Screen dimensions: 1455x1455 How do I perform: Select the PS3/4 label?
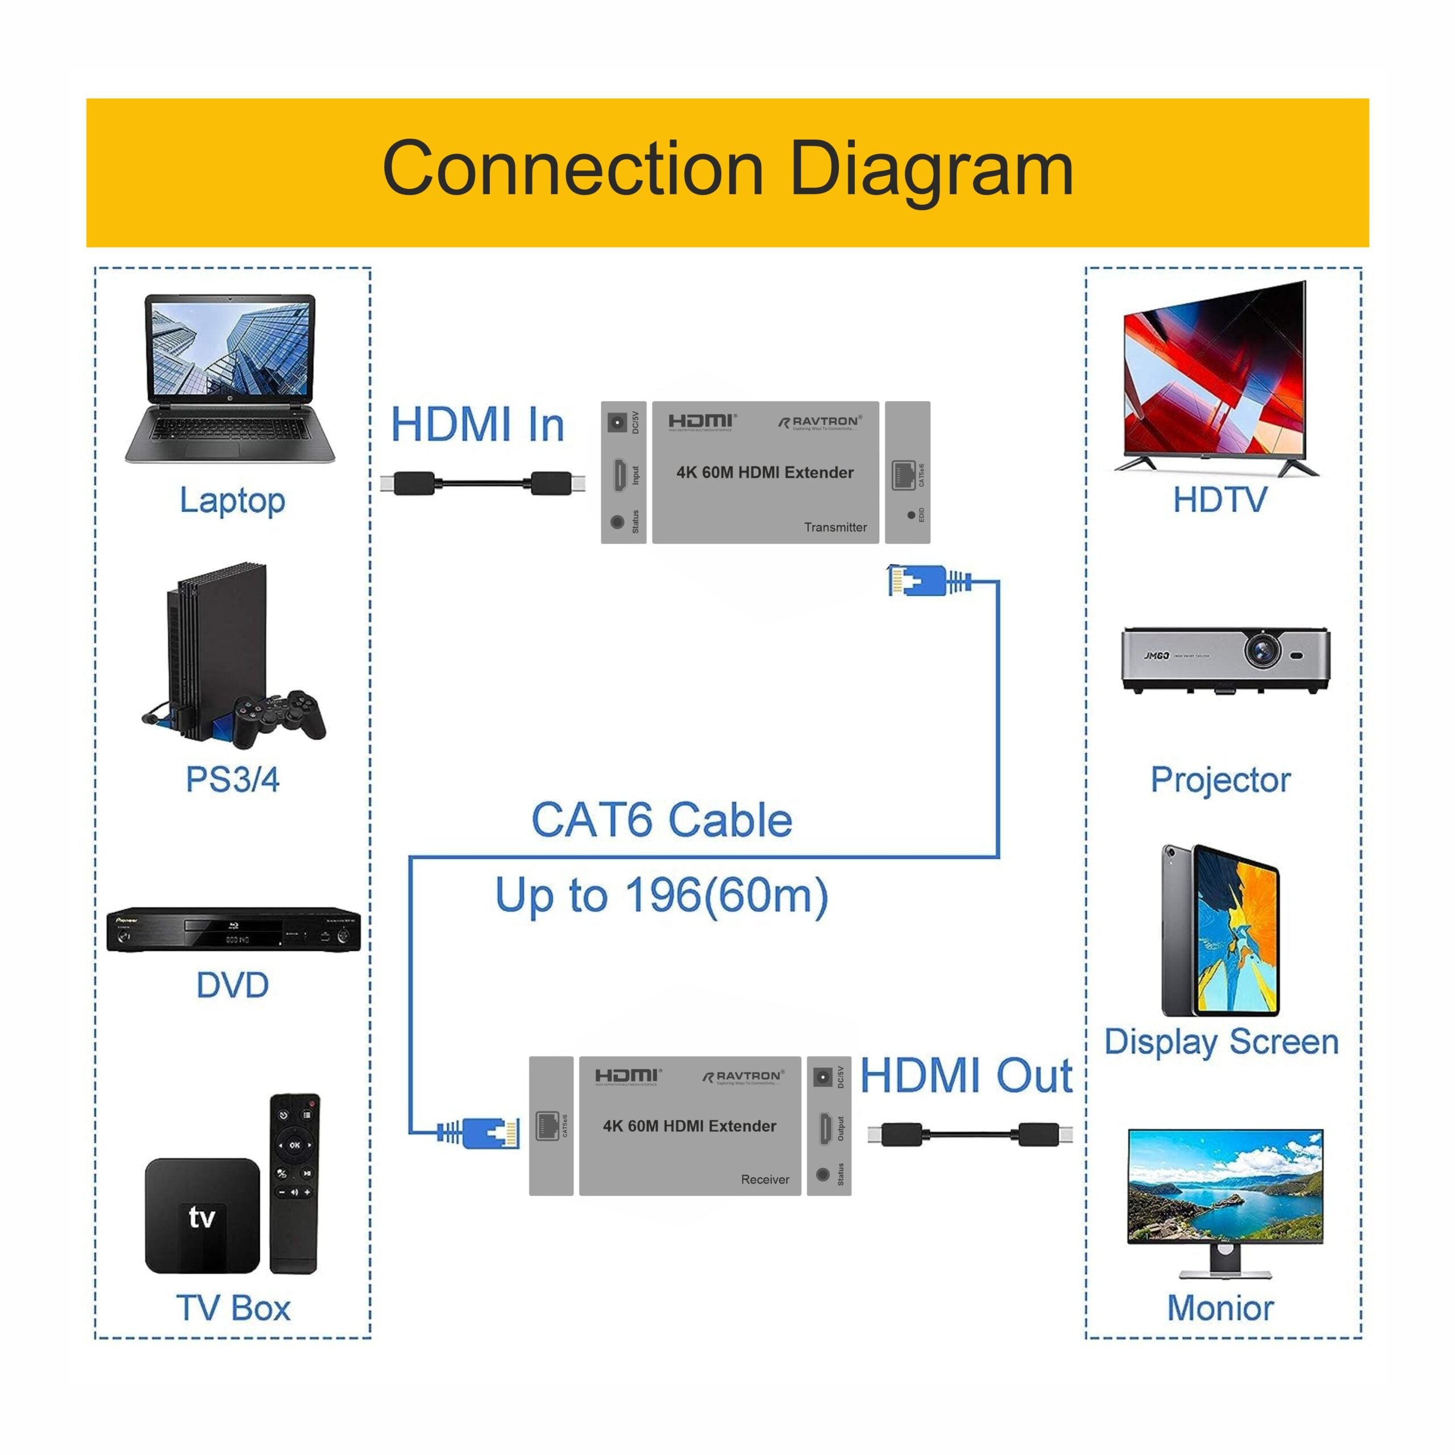tap(232, 779)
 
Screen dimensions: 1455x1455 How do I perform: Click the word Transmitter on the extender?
tap(834, 527)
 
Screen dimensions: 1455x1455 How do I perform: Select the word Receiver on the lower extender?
tap(764, 1179)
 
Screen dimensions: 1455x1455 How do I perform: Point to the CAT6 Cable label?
tap(661, 820)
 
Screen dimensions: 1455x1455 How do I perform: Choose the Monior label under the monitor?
tap(1220, 1308)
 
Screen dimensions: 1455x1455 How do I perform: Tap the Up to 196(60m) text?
tap(661, 896)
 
